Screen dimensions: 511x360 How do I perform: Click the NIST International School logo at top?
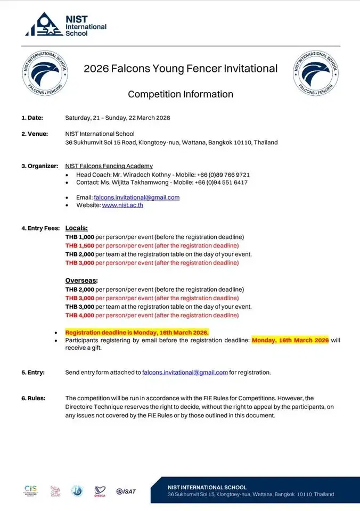tap(66, 24)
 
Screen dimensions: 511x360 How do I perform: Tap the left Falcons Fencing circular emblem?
tap(45, 74)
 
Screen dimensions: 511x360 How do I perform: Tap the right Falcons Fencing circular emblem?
tap(316, 73)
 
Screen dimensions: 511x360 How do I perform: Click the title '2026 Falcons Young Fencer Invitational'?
tap(181, 69)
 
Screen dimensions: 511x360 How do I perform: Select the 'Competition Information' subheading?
tap(181, 94)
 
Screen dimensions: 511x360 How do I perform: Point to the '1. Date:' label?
tap(32, 118)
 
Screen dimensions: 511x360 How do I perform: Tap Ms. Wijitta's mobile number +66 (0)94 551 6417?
tap(223, 183)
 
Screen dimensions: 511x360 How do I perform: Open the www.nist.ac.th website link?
tap(122, 205)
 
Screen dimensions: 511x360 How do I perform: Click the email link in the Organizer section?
tap(137, 197)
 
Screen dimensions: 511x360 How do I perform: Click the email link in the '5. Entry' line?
tap(185, 373)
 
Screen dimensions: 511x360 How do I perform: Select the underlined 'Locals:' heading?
tap(76, 228)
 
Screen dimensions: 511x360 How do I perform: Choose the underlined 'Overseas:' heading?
tap(81, 280)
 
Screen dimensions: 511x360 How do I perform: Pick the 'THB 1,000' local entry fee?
tap(79, 236)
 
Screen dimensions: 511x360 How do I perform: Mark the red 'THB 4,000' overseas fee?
tap(79, 315)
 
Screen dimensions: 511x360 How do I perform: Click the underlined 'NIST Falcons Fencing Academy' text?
tap(109, 166)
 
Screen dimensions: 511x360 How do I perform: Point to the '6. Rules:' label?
tap(33, 398)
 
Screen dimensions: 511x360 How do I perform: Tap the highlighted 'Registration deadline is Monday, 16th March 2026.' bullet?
tap(137, 332)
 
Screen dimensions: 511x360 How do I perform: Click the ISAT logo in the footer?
tap(126, 491)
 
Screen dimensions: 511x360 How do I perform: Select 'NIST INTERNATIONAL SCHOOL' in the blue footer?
tap(207, 487)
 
